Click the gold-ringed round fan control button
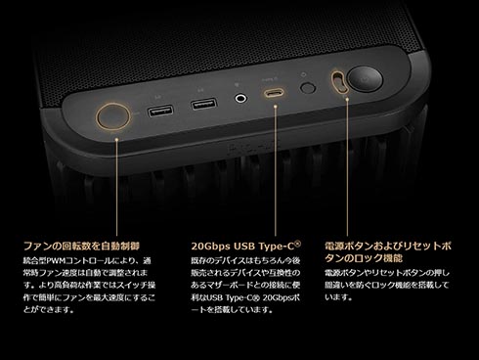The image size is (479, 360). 113,116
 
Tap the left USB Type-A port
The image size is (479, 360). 160,112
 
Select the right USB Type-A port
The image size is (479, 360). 204,104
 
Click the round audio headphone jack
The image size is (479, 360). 240,98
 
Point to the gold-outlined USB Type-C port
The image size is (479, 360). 274,93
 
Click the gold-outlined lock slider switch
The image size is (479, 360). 339,81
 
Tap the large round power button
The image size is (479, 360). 365,79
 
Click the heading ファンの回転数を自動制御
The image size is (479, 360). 81,246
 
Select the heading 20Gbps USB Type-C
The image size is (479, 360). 246,246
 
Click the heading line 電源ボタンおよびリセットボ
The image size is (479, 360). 388,246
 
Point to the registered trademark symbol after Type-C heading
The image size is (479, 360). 297,244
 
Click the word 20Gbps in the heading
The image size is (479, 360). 210,247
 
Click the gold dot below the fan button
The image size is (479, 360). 116,139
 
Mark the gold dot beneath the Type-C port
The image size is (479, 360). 276,106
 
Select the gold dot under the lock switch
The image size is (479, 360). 347,98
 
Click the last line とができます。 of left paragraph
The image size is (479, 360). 49,310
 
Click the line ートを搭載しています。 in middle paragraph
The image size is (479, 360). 232,310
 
